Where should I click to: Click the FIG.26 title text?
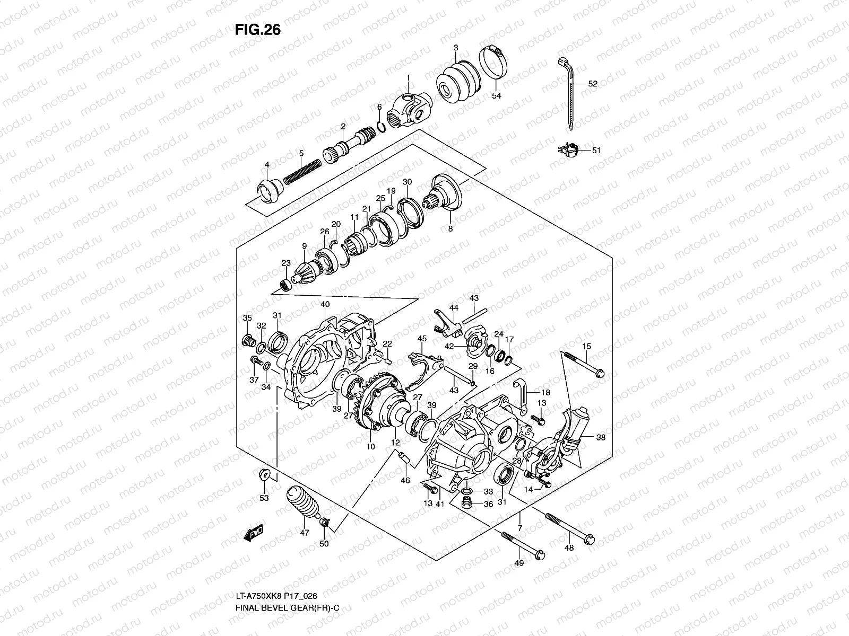tap(257, 30)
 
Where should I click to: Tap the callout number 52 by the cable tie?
tap(593, 84)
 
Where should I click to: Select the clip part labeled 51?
tap(568, 150)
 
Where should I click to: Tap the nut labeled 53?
tap(264, 473)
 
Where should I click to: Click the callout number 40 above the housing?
tap(325, 304)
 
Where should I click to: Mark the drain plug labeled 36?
tap(466, 503)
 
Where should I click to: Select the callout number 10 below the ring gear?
tap(370, 447)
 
